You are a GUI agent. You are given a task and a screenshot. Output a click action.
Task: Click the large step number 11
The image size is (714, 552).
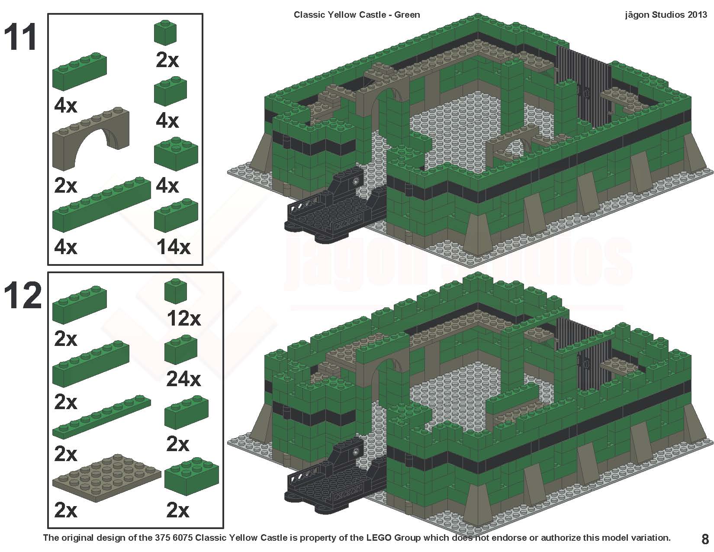point(21,38)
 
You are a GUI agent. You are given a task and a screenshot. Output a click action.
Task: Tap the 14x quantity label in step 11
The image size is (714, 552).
point(174,248)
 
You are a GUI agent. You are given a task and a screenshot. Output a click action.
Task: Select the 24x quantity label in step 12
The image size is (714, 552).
point(183,380)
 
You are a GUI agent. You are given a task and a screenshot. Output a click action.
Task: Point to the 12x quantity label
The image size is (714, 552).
point(183,319)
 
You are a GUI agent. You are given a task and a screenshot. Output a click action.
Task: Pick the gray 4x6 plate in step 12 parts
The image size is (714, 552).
point(106,477)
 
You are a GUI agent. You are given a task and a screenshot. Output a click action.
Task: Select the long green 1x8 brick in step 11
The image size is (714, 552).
point(102,203)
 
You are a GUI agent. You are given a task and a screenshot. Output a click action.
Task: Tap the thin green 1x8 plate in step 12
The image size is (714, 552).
point(102,416)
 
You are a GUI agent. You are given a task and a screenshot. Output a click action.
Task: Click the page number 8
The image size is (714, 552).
point(705,539)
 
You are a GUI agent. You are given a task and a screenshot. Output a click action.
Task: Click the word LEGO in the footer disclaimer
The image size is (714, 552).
point(380,538)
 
